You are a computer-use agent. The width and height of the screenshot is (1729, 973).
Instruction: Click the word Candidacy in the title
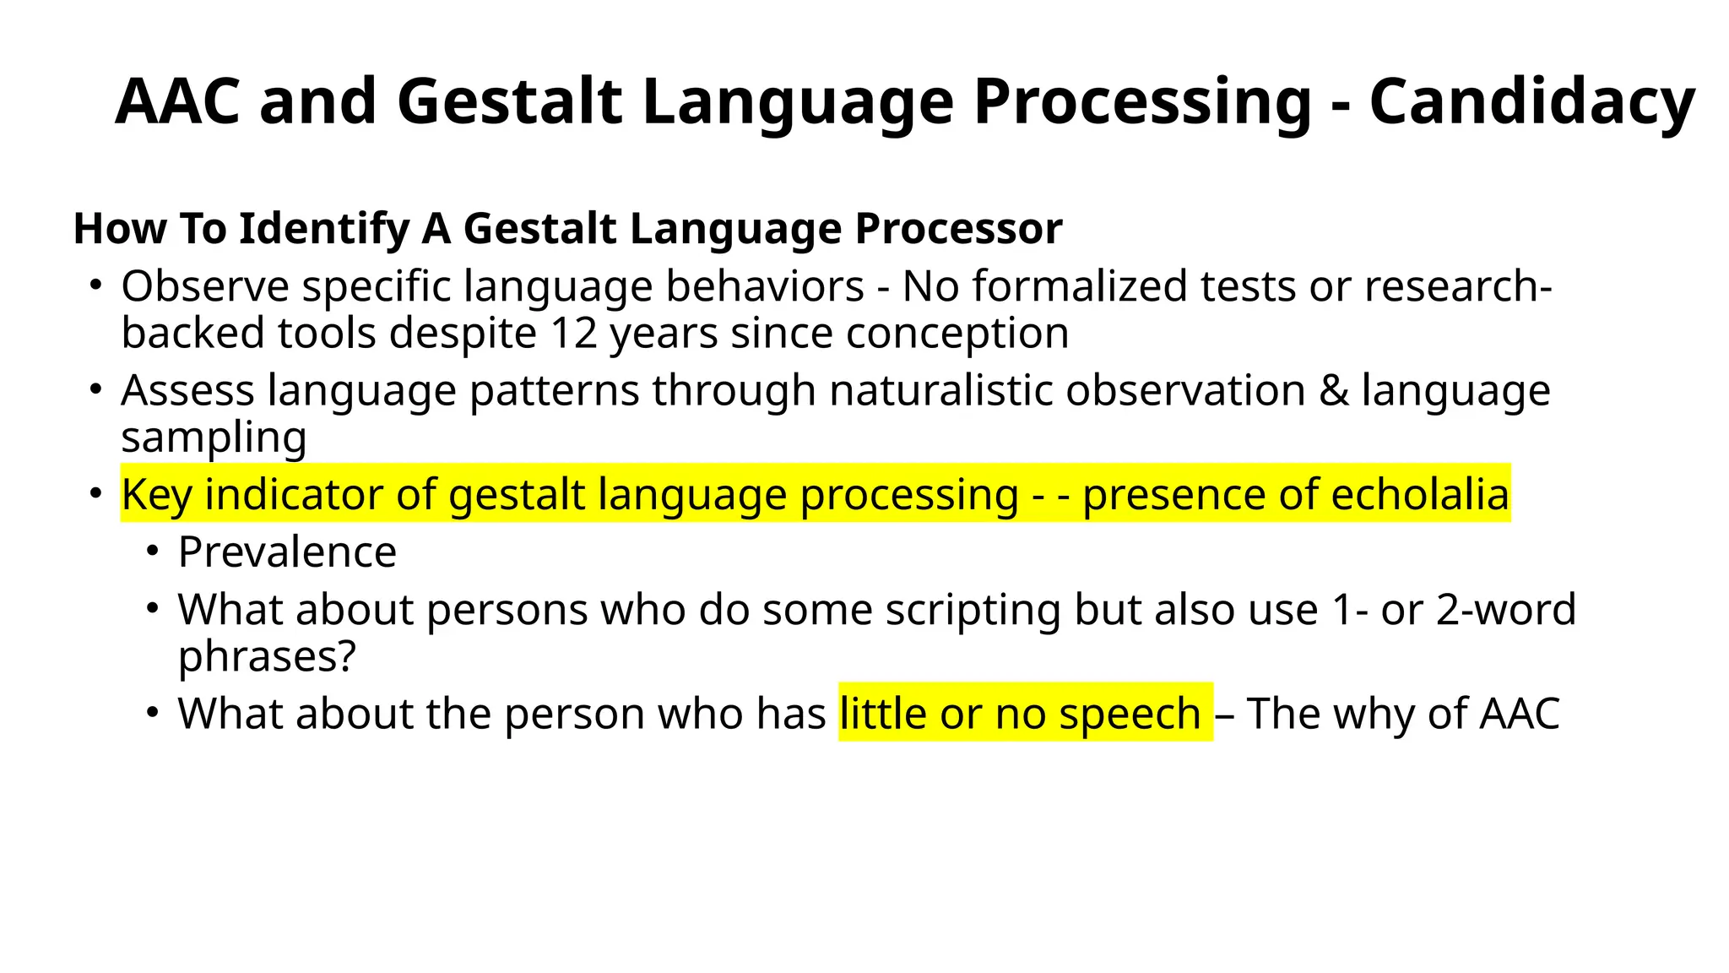pyautogui.click(x=1531, y=101)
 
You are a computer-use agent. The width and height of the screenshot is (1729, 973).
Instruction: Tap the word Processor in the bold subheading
pyautogui.click(x=958, y=229)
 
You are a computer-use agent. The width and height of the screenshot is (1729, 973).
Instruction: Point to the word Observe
pyautogui.click(x=205, y=286)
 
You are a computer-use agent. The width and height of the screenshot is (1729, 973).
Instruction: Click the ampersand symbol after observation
pyautogui.click(x=1333, y=390)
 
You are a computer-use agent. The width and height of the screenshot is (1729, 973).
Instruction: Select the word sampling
pyautogui.click(x=214, y=438)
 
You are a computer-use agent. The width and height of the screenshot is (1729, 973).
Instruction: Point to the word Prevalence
pyautogui.click(x=287, y=552)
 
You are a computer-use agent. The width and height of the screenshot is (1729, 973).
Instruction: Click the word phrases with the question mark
pyautogui.click(x=267, y=655)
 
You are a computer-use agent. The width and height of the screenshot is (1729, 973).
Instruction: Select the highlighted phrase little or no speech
pyautogui.click(x=1020, y=714)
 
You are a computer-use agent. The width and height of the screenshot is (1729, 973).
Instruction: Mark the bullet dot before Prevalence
pyautogui.click(x=152, y=552)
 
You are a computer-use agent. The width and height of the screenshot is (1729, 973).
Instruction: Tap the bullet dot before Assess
pyautogui.click(x=95, y=390)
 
